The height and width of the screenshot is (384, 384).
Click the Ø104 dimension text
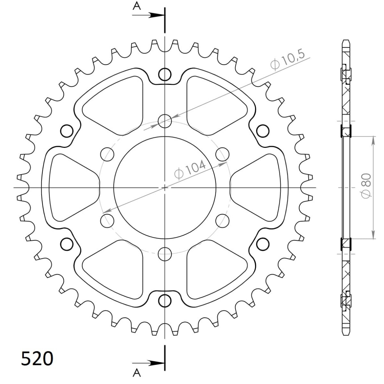pyautogui.click(x=189, y=170)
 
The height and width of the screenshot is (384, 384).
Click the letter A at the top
pyautogui.click(x=137, y=6)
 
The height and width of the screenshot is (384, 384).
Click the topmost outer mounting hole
pyautogui.click(x=164, y=74)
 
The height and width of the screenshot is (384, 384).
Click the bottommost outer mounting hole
pyautogui.click(x=164, y=300)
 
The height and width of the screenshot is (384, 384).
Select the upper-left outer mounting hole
pyautogui.click(x=67, y=131)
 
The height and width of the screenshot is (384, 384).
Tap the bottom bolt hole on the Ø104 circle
pyautogui.click(x=164, y=253)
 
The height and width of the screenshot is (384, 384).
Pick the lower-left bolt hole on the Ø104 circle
pyautogui.click(x=107, y=220)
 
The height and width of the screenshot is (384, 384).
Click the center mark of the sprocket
pyautogui.click(x=164, y=188)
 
